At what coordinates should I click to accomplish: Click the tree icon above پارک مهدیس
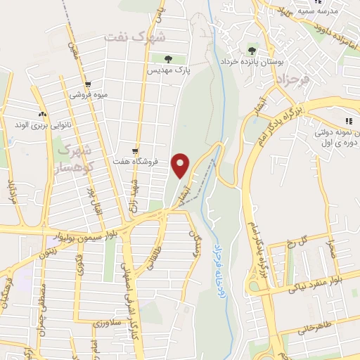pyautogui.click(x=167, y=59)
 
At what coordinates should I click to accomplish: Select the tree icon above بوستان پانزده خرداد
pyautogui.click(x=252, y=50)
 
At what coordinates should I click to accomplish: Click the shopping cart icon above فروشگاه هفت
pyautogui.click(x=135, y=150)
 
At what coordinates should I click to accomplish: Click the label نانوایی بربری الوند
pyautogui.click(x=41, y=124)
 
